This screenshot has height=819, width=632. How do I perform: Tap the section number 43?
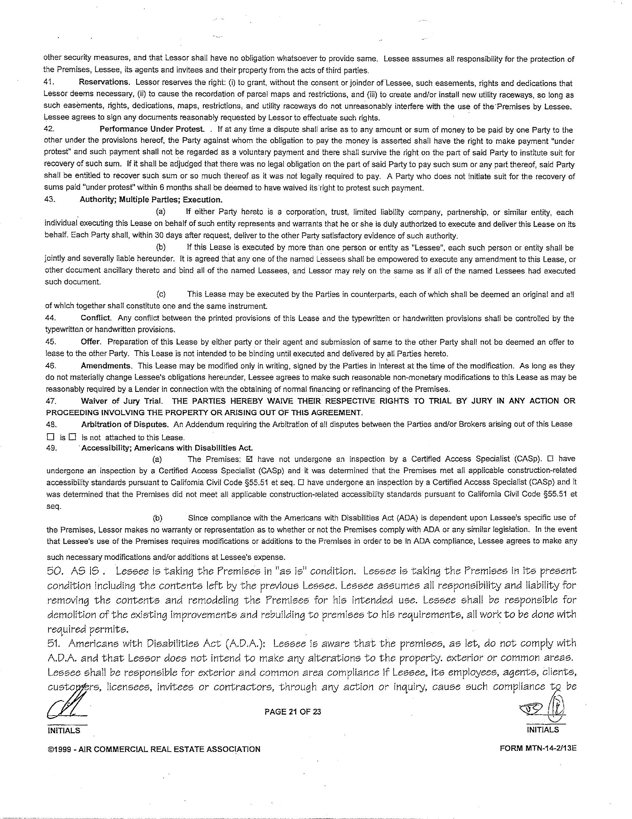click(x=50, y=200)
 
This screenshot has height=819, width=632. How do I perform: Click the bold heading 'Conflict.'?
click(x=96, y=318)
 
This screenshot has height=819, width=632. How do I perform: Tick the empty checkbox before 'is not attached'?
click(x=73, y=437)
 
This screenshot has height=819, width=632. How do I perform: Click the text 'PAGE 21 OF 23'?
click(x=293, y=712)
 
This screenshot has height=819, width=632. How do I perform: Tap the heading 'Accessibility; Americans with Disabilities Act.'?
click(x=167, y=448)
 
